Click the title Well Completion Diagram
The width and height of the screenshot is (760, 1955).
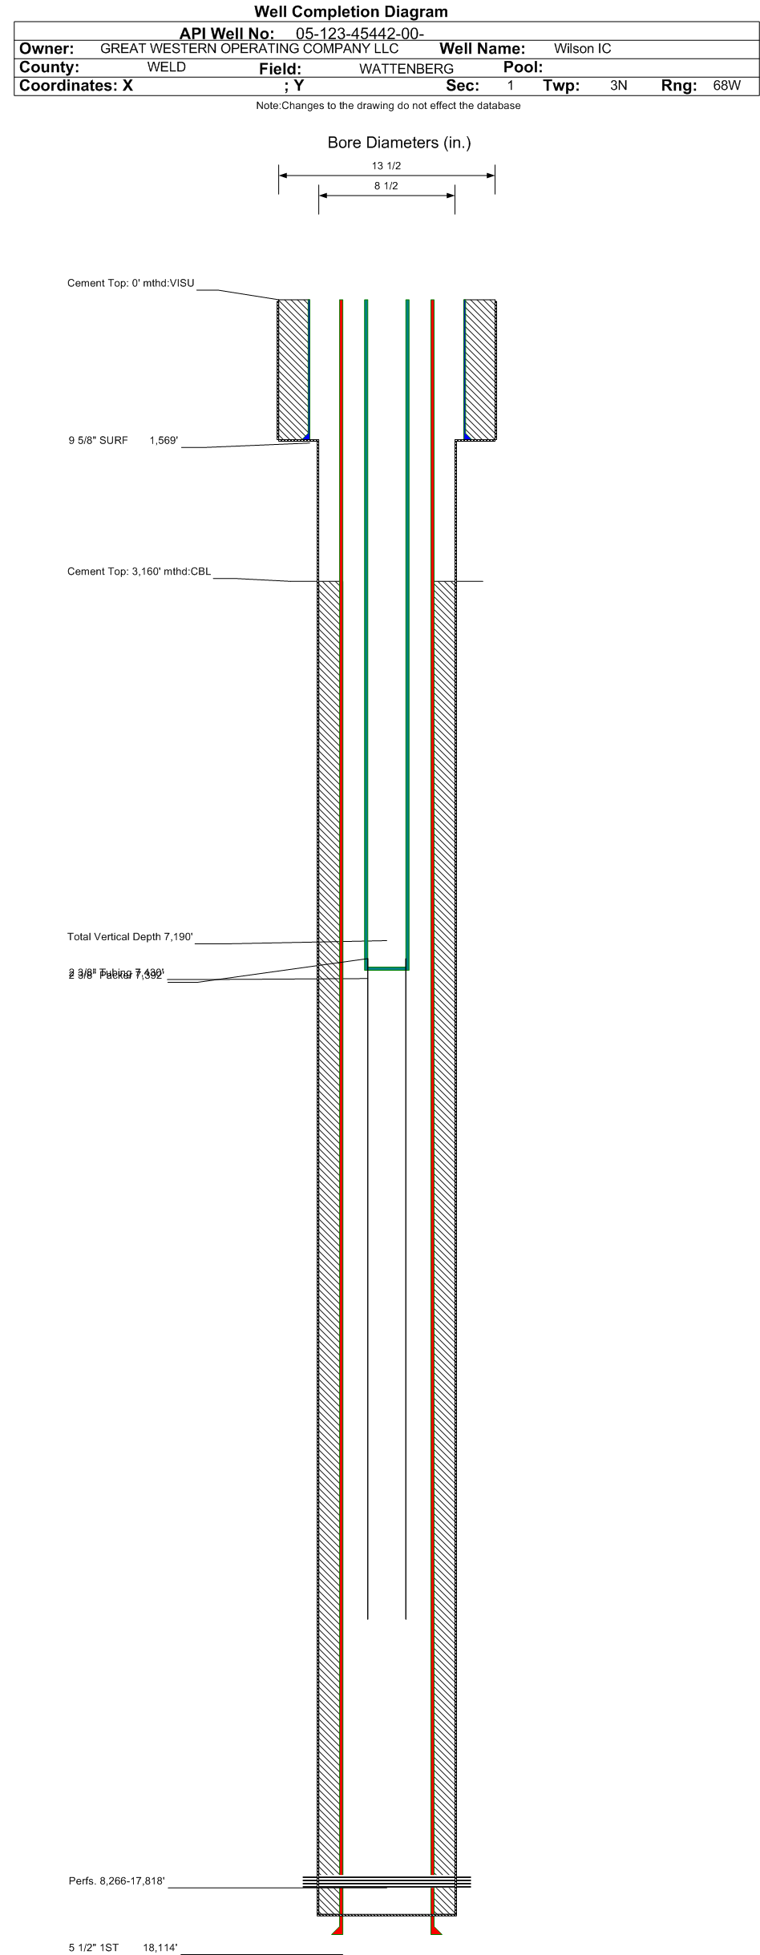[x=351, y=11]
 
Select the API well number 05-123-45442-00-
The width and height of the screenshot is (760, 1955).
[x=360, y=34]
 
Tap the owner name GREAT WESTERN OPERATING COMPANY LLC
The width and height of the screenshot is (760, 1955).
[x=249, y=48]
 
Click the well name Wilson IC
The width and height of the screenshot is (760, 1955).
[x=582, y=49]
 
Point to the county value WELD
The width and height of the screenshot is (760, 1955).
[x=166, y=67]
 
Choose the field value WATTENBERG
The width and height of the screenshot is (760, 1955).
[x=406, y=69]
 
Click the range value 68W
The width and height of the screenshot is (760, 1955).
[x=726, y=86]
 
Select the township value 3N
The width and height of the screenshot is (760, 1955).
[x=618, y=86]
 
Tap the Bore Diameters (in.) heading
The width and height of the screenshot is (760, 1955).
[x=398, y=143]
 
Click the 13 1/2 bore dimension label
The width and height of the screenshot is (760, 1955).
[x=386, y=166]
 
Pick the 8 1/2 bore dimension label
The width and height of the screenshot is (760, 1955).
[x=386, y=186]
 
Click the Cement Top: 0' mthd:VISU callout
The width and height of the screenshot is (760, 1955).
[x=131, y=283]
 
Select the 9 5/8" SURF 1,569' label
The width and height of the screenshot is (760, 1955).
[x=123, y=440]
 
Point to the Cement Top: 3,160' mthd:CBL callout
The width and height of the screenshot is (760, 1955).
[x=139, y=572]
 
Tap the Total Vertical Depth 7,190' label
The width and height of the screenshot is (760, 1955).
[x=130, y=936]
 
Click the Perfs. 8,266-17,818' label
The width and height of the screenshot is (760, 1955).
[x=117, y=1880]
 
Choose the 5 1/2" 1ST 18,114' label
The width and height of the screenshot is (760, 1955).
[x=123, y=1947]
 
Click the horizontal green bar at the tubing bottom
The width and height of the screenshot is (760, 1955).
[x=387, y=968]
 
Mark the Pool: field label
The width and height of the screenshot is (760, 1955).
[x=523, y=67]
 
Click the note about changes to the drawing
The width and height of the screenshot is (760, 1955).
[x=388, y=106]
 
